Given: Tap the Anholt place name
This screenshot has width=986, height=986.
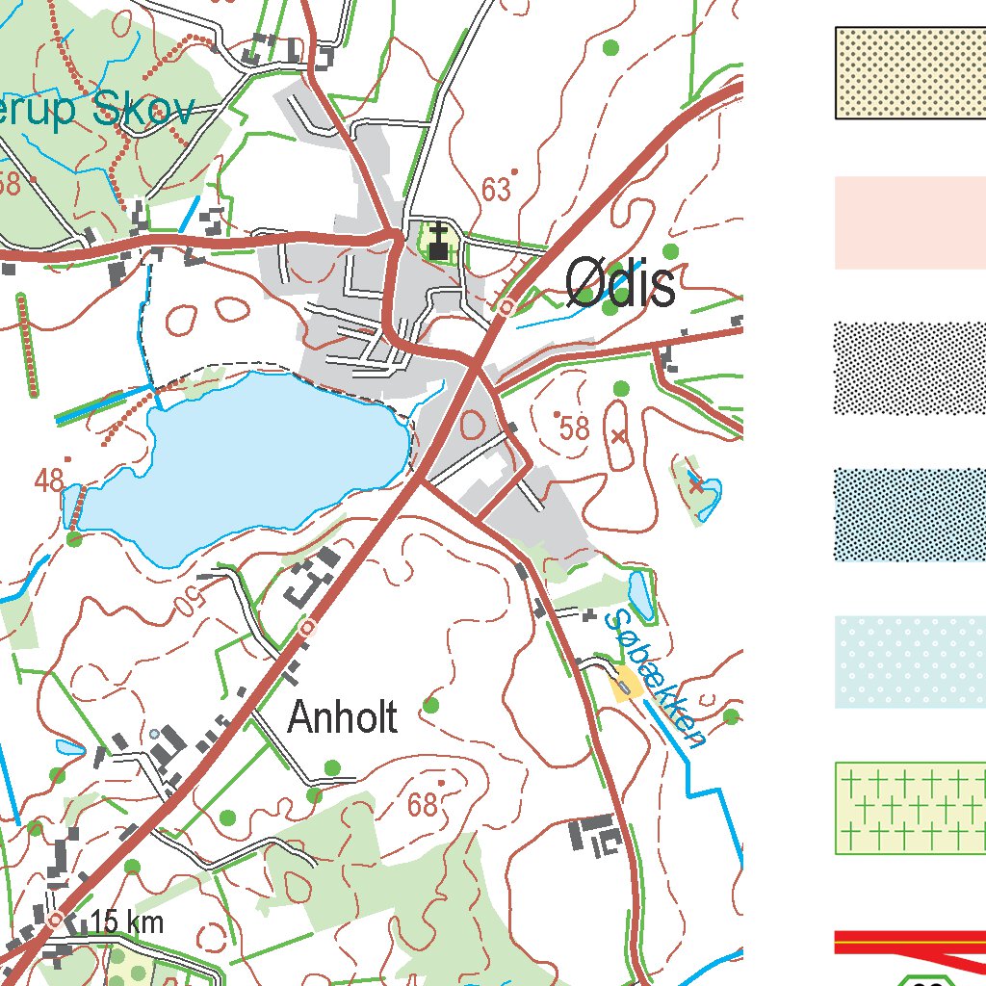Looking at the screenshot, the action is [343, 717].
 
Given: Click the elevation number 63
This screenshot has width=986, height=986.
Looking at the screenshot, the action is [496, 191].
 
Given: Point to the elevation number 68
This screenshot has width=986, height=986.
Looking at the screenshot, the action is [422, 805].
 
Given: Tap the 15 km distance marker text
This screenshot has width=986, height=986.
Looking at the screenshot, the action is [127, 922].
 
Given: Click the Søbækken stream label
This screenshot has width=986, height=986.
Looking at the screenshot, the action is [660, 678].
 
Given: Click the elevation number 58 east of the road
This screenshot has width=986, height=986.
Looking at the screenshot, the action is [574, 428].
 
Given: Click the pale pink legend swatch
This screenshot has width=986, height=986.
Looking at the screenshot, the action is [909, 222].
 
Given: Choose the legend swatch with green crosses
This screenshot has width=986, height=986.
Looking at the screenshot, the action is [909, 808].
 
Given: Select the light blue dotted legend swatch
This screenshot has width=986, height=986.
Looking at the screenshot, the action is [909, 662].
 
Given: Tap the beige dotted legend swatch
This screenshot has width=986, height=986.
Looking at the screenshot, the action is [909, 73].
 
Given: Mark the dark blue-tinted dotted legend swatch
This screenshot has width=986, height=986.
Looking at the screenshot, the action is [909, 515].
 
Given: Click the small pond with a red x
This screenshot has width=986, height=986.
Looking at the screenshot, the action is [700, 488].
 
